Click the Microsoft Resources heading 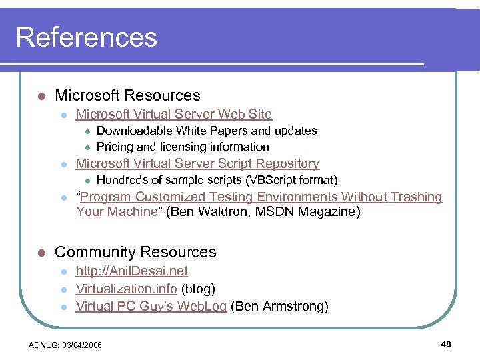pyautogui.click(x=127, y=95)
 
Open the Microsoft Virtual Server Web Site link pyautogui.click(x=173, y=115)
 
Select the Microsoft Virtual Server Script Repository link pyautogui.click(x=197, y=164)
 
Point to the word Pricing pyautogui.click(x=115, y=147)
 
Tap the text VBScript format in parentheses pyautogui.click(x=292, y=180)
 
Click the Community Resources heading pyautogui.click(x=135, y=252)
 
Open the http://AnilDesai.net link pyautogui.click(x=131, y=271)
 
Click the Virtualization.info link pyautogui.click(x=126, y=289)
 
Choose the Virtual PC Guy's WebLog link pyautogui.click(x=151, y=307)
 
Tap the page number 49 pyautogui.click(x=446, y=345)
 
